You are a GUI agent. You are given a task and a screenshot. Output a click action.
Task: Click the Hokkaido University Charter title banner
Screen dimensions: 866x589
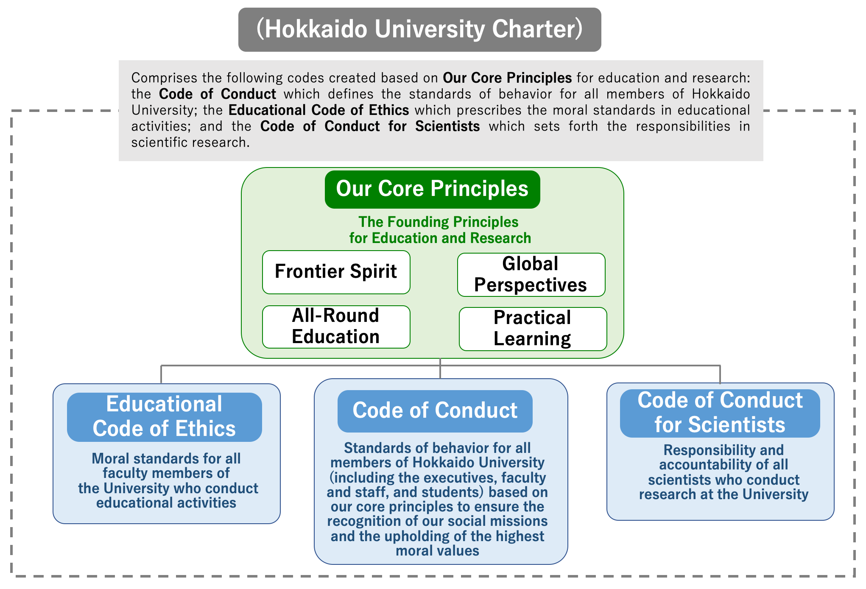[x=419, y=30]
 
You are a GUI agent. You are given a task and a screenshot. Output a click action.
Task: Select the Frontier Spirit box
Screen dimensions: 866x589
[x=336, y=272]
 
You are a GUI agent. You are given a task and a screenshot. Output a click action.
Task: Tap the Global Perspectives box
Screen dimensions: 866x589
[x=531, y=275]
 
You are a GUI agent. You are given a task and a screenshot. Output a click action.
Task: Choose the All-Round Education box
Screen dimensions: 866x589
[x=336, y=327]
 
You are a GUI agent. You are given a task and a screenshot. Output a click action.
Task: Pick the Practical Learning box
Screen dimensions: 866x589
[x=533, y=329]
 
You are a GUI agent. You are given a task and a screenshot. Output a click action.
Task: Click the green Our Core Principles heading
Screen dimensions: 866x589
[x=433, y=189]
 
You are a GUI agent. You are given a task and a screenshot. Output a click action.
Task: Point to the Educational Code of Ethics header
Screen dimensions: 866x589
[x=165, y=417]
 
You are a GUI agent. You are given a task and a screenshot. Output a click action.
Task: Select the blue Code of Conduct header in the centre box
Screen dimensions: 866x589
[x=435, y=411]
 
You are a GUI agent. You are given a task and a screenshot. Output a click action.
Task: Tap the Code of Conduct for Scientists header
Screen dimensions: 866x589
[x=720, y=413]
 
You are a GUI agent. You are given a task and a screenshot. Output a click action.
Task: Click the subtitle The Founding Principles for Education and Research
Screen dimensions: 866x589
[x=440, y=230]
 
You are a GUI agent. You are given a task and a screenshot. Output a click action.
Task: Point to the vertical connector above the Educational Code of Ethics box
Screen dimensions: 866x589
[x=161, y=374]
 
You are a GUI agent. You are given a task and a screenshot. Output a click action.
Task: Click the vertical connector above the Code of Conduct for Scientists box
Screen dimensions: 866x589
[x=720, y=374]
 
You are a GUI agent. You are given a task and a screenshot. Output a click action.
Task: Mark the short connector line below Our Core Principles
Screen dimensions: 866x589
[x=440, y=368]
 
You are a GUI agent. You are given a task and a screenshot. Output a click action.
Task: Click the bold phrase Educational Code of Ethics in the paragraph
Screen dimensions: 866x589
[x=319, y=110]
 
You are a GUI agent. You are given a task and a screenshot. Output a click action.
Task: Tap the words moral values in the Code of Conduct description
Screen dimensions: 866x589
[x=438, y=551]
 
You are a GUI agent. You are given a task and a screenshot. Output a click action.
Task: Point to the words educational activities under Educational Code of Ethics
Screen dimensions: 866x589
[x=166, y=503]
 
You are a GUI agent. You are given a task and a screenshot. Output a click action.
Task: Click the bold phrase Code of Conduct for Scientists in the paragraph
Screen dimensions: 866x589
[x=370, y=126]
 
